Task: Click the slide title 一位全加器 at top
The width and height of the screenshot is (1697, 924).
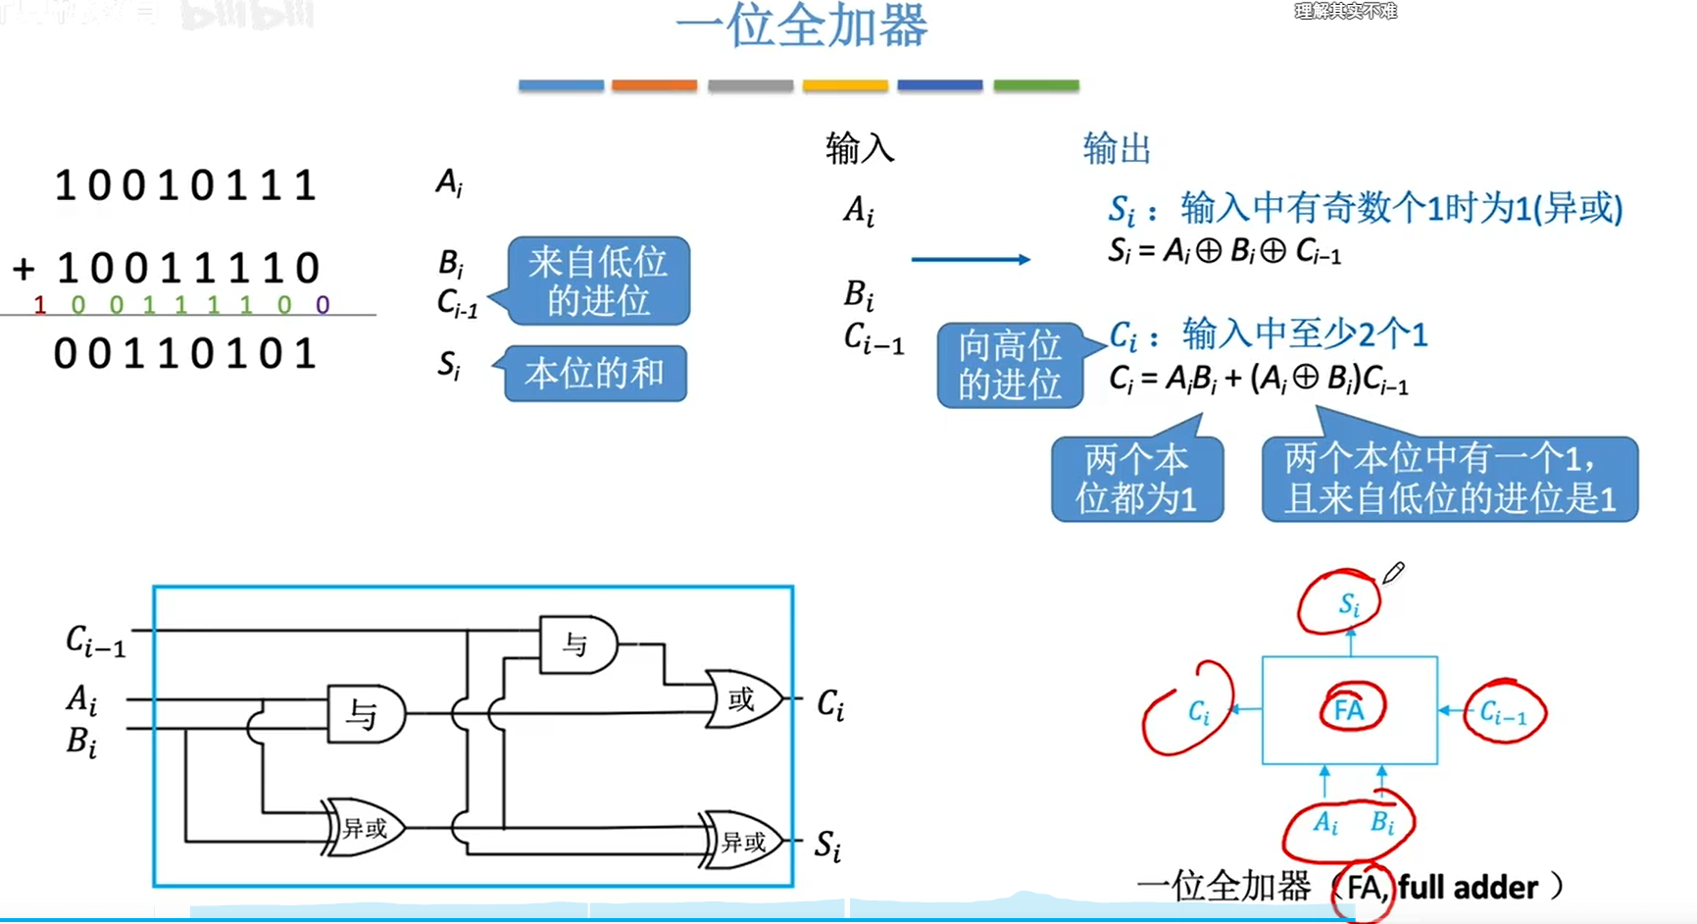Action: (801, 26)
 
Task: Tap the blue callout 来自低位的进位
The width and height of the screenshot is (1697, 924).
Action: (598, 281)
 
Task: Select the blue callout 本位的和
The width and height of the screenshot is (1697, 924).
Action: (594, 374)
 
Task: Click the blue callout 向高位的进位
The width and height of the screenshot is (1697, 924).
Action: (1010, 365)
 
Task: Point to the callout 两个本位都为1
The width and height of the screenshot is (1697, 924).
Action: (1136, 479)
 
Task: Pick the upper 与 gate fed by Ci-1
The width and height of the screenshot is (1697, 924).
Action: (577, 644)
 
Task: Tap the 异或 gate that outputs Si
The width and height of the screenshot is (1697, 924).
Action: (742, 841)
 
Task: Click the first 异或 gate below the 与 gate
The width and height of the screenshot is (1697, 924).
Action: (363, 828)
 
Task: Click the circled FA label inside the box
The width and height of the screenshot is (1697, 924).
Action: (1350, 709)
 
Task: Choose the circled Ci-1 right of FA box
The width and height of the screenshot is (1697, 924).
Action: (1503, 713)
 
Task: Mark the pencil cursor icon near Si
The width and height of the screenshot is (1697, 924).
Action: (1393, 573)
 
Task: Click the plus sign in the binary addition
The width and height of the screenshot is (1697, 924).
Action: (24, 268)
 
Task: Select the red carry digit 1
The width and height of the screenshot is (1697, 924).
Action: (39, 306)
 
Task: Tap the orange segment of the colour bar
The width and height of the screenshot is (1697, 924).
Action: (654, 86)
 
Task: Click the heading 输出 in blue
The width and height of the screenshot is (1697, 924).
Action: (1117, 149)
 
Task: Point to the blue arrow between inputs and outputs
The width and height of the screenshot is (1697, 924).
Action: (970, 259)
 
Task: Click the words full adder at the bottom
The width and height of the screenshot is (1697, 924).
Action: (1468, 888)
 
